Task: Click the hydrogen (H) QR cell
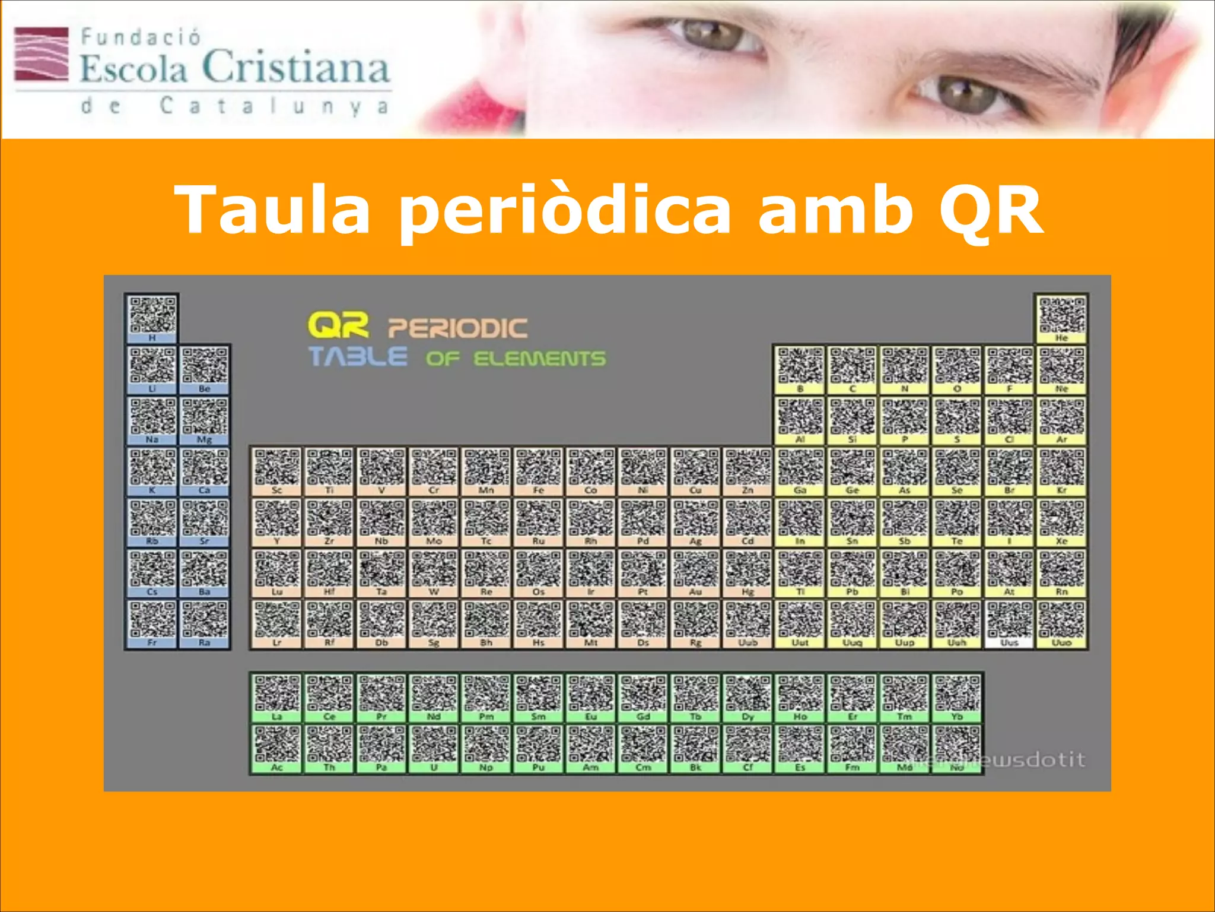pyautogui.click(x=152, y=318)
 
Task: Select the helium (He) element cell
pyautogui.click(x=1061, y=318)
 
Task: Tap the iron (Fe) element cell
pyautogui.click(x=538, y=471)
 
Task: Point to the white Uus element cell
pyautogui.click(x=1009, y=624)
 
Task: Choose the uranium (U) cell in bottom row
pyautogui.click(x=434, y=748)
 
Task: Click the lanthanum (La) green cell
pyautogui.click(x=277, y=698)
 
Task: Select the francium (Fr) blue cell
pyautogui.click(x=152, y=624)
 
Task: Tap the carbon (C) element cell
pyautogui.click(x=853, y=370)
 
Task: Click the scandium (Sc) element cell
pyautogui.click(x=277, y=471)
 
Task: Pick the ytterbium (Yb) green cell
pyautogui.click(x=957, y=698)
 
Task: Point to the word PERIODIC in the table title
pyautogui.click(x=457, y=328)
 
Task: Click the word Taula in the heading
pyautogui.click(x=273, y=209)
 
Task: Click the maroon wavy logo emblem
pyautogui.click(x=42, y=53)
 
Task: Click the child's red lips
pyautogui.click(x=475, y=110)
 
